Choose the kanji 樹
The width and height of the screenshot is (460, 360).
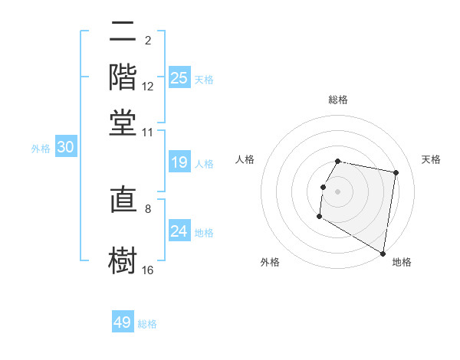coord(123,259)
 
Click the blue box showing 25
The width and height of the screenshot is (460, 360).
coord(179,78)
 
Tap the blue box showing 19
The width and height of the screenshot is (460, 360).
coord(179,162)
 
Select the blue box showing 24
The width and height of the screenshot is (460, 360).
coord(179,231)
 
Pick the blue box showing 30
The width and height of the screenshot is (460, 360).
coord(65,148)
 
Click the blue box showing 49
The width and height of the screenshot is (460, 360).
coord(123,322)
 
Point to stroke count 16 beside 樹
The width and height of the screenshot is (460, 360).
coord(148,270)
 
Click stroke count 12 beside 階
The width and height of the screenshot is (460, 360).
coord(148,87)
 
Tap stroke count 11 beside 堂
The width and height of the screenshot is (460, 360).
coord(148,132)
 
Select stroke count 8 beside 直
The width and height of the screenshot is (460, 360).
coord(148,208)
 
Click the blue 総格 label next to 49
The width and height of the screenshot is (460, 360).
coord(147,324)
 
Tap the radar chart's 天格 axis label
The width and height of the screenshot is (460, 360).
coord(431,159)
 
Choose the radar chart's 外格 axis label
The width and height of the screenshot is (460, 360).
coord(270,262)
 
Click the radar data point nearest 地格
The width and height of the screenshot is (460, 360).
coord(383,254)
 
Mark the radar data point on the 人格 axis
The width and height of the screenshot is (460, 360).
coord(323,187)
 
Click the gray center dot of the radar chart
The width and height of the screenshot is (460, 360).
coord(338,191)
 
